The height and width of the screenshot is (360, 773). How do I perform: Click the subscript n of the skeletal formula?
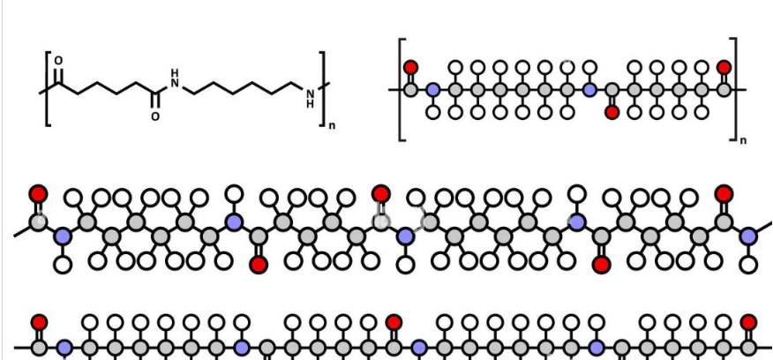pos(332,126)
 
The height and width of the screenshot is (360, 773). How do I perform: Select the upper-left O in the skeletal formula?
pos(59,61)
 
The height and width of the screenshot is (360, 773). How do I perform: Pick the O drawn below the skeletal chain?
pos(155,116)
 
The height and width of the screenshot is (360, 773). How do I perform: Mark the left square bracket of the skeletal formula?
pos(47,88)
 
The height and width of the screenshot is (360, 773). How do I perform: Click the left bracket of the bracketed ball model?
pos(402,88)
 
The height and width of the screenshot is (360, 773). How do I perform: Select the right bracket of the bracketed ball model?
pos(732,88)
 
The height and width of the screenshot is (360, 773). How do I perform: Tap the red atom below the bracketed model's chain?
pos(612,112)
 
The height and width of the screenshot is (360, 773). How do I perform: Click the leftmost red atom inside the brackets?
pos(410,67)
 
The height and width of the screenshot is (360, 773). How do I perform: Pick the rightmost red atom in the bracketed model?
pos(724,67)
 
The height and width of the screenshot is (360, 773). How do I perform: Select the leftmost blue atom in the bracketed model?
pos(432,89)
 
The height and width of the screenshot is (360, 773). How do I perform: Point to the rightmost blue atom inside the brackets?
pos(589,89)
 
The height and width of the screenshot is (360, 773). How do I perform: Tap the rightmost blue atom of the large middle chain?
pos(748,236)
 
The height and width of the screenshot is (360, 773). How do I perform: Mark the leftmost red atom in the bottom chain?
pos(39,323)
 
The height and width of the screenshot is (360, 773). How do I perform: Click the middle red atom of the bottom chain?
pos(394,323)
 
